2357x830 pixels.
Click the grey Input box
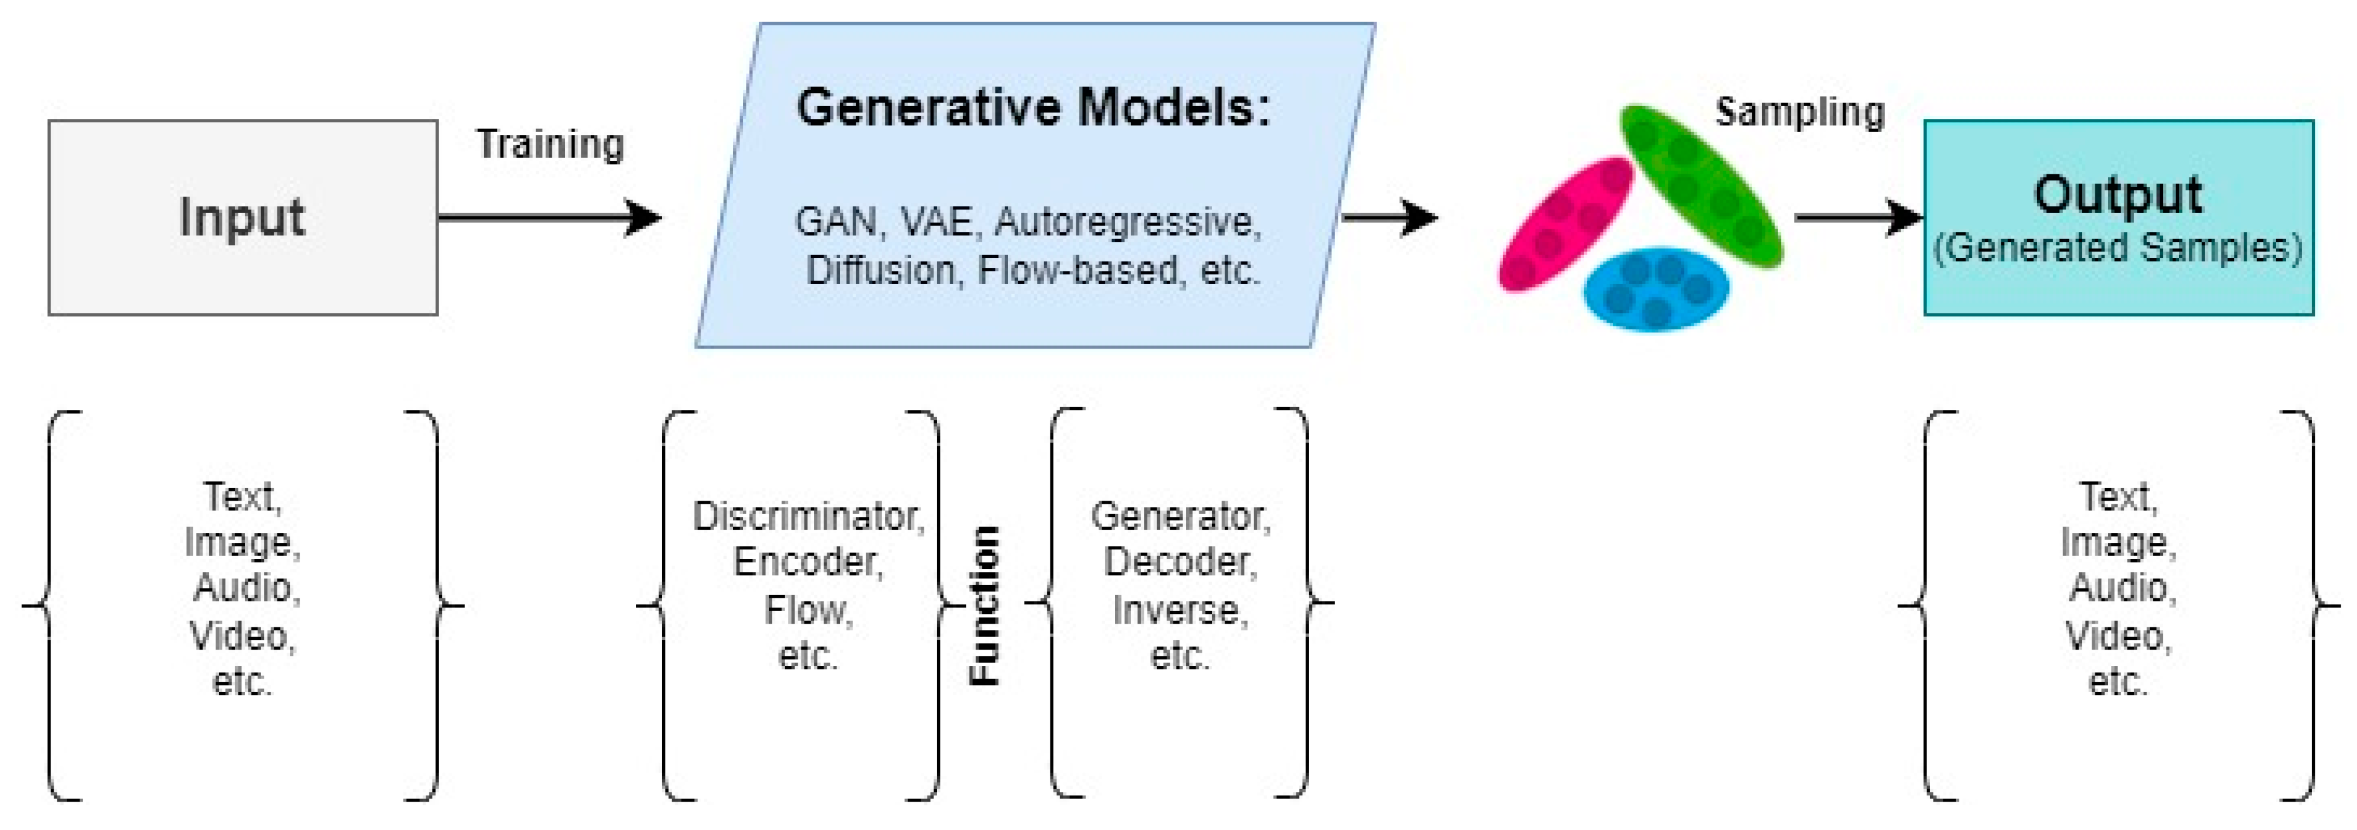coord(242,218)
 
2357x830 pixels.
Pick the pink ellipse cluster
coord(1565,224)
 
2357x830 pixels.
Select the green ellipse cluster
coord(1701,186)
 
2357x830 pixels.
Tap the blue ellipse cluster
coord(1656,289)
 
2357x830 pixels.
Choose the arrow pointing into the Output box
coord(1859,218)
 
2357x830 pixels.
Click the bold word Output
coord(2118,195)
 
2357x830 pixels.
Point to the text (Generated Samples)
coord(2118,248)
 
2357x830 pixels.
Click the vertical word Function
coord(985,606)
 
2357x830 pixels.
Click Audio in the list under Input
coord(246,588)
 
